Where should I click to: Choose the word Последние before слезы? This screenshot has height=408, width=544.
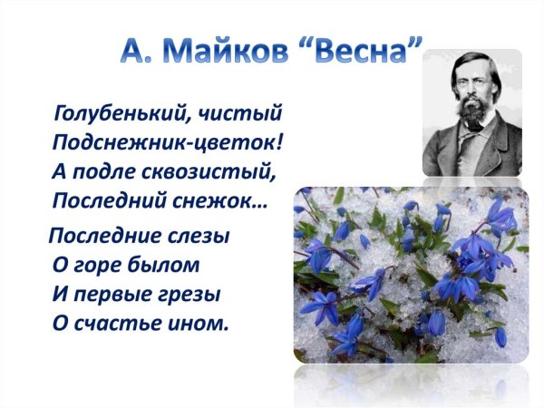[104, 237]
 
